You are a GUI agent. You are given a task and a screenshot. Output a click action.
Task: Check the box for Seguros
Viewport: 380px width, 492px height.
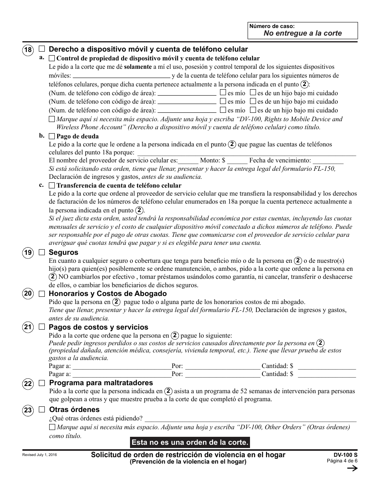pos(42,252)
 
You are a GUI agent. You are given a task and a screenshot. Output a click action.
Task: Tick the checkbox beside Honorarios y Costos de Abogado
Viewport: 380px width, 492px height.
pos(42,294)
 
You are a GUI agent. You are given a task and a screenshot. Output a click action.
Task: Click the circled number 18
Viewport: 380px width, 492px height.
pos(27,50)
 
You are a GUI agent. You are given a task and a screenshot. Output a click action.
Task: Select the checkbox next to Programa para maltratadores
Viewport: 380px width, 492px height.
pos(42,383)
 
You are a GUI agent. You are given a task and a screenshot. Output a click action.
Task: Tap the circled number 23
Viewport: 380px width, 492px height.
pos(28,411)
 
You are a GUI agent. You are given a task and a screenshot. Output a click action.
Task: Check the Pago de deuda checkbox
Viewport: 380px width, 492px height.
pos(52,136)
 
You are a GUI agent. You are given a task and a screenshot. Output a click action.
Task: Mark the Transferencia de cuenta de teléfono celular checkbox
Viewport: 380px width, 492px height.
pos(52,186)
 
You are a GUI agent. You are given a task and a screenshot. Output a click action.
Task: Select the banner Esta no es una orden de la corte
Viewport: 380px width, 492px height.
pos(190,442)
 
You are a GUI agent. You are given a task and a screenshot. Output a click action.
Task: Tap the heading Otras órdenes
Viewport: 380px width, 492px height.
pos(74,410)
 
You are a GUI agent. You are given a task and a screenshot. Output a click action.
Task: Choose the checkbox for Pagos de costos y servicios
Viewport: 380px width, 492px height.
pos(42,327)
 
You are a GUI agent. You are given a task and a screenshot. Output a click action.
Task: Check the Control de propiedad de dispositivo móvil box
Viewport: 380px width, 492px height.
pos(52,58)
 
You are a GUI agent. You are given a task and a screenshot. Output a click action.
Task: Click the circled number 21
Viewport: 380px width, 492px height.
pos(28,328)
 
